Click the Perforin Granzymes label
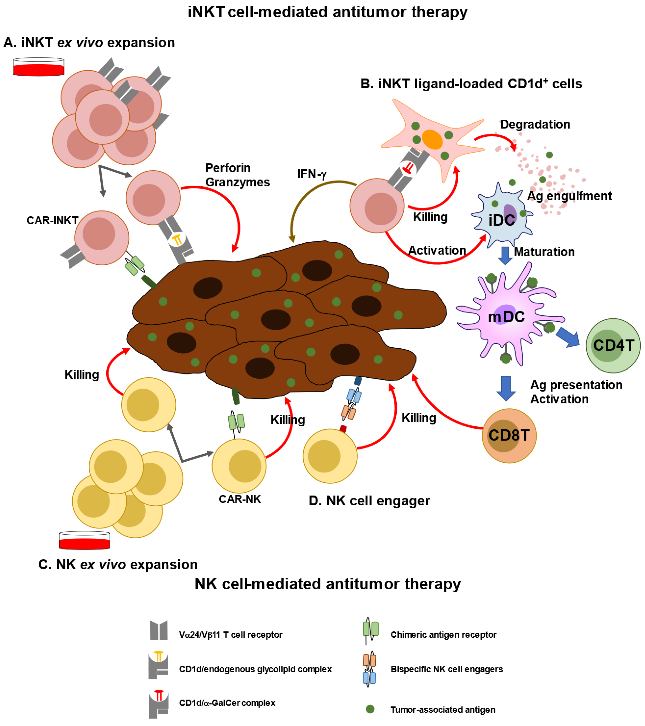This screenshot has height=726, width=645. click(x=237, y=175)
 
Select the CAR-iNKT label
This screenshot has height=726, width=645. click(x=52, y=221)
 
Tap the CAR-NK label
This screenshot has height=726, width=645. click(x=240, y=499)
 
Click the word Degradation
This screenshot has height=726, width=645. click(x=535, y=124)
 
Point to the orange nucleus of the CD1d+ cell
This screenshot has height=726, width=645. click(x=432, y=139)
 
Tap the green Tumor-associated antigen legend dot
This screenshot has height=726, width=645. click(x=370, y=709)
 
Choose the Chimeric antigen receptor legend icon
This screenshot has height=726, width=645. click(x=370, y=630)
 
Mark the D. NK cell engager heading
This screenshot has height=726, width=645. click(x=369, y=501)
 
